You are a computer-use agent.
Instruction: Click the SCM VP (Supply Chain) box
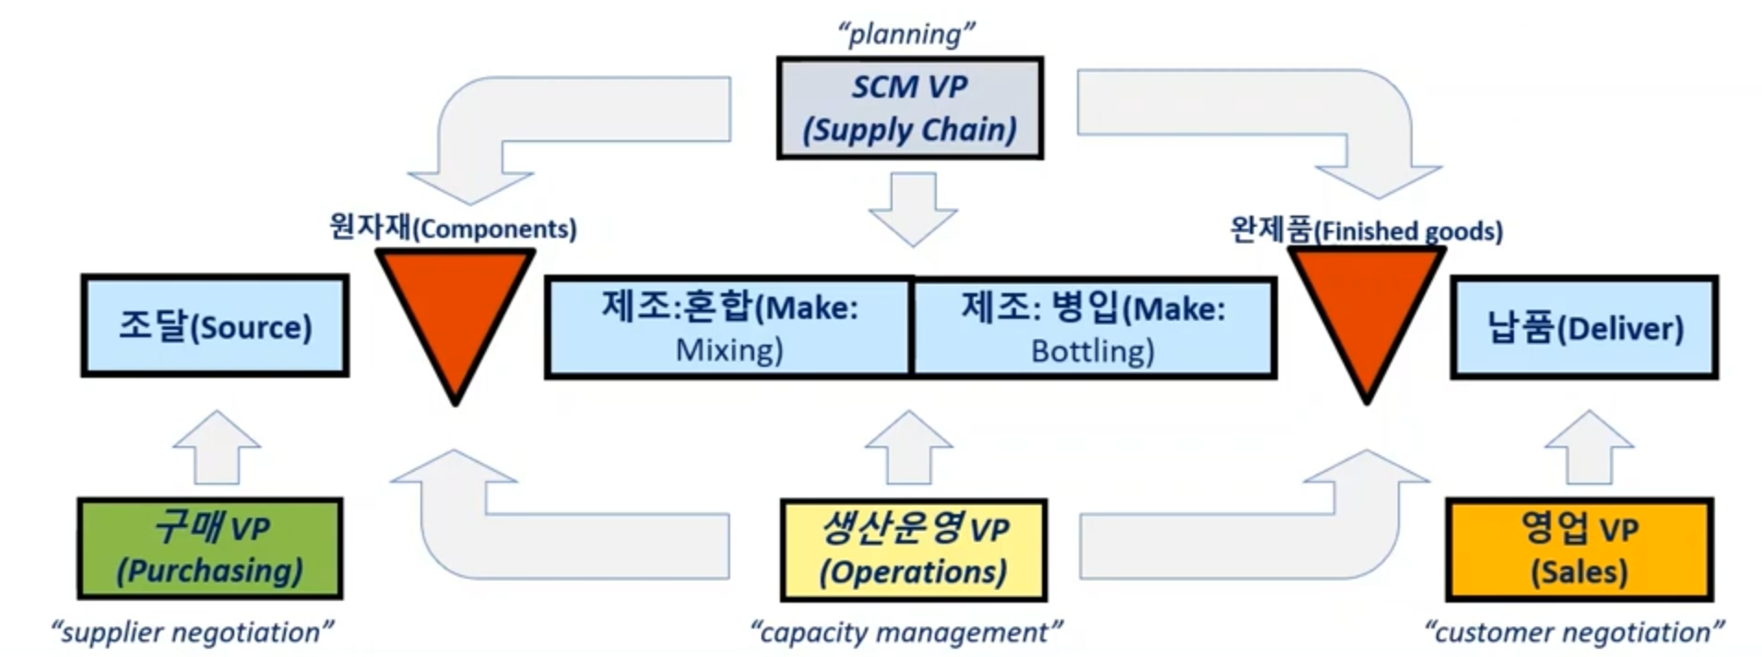tap(909, 109)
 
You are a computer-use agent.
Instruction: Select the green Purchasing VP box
tap(210, 549)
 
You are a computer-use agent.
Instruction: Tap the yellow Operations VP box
tap(913, 551)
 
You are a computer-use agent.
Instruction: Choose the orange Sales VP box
tap(1579, 550)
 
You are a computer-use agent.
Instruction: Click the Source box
tap(215, 326)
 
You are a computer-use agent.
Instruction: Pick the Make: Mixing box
tap(728, 328)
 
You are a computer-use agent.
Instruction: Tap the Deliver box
tap(1584, 328)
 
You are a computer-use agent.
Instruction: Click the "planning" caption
tap(905, 34)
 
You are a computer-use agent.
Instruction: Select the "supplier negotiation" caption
tap(192, 632)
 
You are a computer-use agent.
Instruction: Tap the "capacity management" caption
tap(905, 632)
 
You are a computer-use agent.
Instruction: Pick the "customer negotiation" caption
tap(1573, 632)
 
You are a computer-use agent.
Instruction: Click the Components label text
tap(453, 227)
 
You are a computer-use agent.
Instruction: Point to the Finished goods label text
tap(1366, 229)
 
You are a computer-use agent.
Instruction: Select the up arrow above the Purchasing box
tap(217, 448)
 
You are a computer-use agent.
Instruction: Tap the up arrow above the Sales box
tap(1589, 448)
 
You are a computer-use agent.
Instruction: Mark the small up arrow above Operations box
tap(909, 448)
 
